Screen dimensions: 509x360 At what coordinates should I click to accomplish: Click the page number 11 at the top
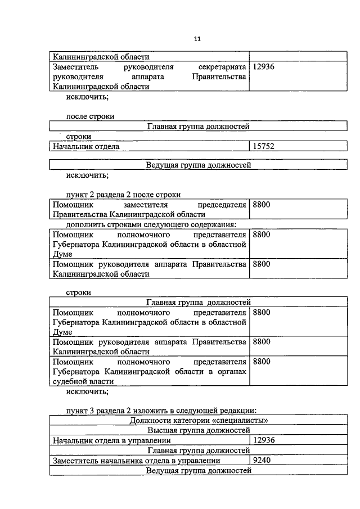tap(197, 39)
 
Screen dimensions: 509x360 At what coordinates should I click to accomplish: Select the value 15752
tap(263, 146)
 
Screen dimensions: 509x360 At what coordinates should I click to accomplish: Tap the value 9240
tap(262, 461)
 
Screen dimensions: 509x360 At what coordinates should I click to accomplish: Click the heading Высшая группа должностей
tap(198, 430)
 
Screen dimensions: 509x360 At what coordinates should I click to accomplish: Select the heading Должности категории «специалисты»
tap(198, 420)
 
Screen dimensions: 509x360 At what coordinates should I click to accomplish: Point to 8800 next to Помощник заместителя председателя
tap(262, 205)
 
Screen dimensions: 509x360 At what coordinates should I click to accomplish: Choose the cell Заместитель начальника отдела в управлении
tap(136, 461)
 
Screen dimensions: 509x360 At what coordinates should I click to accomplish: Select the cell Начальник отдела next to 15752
tap(86, 146)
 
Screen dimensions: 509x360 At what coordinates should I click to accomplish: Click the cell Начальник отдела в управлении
tap(111, 440)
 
